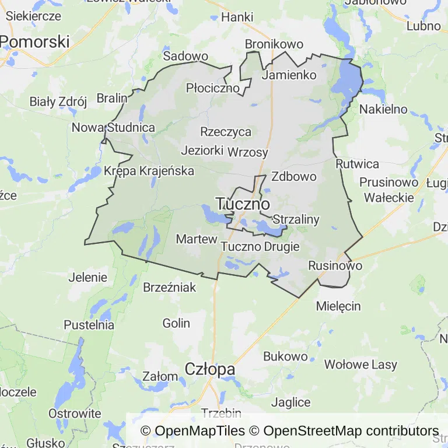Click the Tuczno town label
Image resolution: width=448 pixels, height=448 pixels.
click(243, 204)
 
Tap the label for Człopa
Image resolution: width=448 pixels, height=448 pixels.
click(210, 369)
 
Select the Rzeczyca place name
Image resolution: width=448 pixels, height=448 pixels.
click(225, 132)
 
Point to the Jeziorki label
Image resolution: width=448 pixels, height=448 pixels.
click(202, 150)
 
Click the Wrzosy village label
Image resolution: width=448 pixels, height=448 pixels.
click(248, 153)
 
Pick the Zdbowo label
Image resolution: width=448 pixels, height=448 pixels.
click(294, 176)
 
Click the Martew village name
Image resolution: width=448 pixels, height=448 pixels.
click(197, 239)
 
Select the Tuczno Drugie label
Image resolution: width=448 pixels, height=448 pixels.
click(260, 247)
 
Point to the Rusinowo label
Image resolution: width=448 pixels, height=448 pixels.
click(335, 265)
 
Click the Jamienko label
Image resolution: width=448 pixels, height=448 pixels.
click(289, 75)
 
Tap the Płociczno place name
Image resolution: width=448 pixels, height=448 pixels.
click(213, 88)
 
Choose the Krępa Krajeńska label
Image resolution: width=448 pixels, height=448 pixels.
click(149, 171)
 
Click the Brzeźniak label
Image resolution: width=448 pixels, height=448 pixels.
click(170, 287)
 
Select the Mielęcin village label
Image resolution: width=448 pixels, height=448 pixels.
click(338, 306)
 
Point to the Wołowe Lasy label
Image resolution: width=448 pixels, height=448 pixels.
click(360, 365)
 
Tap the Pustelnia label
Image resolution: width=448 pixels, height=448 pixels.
click(89, 325)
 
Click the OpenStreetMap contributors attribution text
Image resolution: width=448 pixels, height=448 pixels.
click(351, 431)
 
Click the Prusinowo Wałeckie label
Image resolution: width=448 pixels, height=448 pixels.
click(389, 190)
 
